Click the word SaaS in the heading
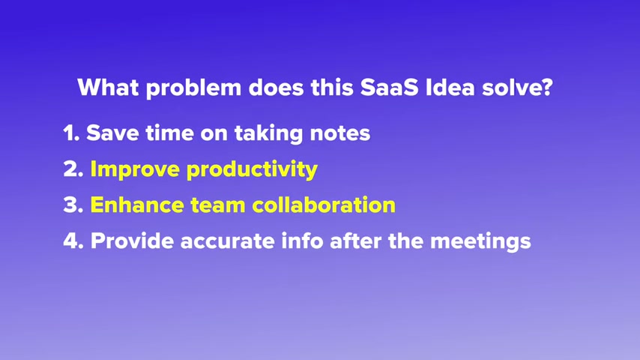point(390,88)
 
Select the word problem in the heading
point(193,88)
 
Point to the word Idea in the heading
point(450,87)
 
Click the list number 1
point(71,133)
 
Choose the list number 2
point(73,169)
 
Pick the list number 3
point(73,205)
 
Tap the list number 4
point(73,241)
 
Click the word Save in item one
point(112,133)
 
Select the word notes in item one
point(340,133)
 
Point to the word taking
point(268,133)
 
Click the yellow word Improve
point(135,169)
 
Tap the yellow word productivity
point(252,169)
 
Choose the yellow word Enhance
point(136,204)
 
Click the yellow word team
point(217,205)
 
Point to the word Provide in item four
point(131,240)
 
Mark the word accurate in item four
point(227,241)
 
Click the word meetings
point(480,241)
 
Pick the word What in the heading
point(108,87)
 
